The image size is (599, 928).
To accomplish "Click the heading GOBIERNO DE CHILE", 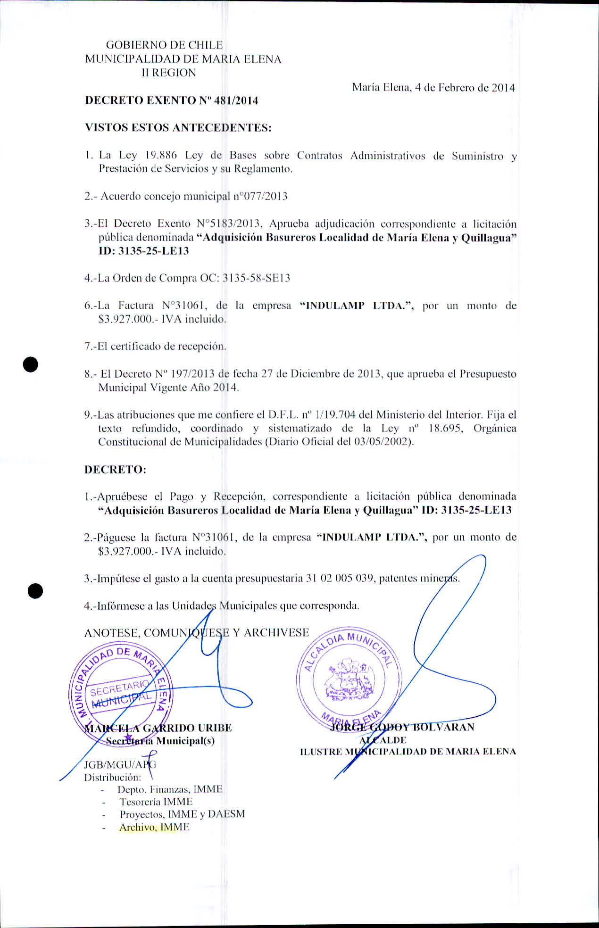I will (x=164, y=45).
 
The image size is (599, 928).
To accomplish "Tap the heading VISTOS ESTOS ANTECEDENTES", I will (x=178, y=128).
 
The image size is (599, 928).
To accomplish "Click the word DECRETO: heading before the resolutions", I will (x=115, y=470).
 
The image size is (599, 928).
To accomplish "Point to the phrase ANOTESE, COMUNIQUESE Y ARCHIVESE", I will (x=196, y=633).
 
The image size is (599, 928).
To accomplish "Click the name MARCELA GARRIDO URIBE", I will (x=158, y=728).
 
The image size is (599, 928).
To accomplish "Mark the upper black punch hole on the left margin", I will (x=31, y=365).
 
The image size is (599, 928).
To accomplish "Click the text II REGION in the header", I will (x=169, y=73).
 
